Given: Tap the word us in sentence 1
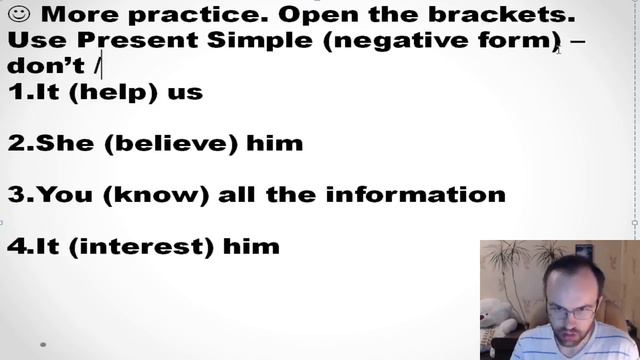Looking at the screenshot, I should click(x=187, y=93).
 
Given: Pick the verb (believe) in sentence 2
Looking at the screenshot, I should click(x=173, y=143).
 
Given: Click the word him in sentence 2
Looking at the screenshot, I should click(x=275, y=143).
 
